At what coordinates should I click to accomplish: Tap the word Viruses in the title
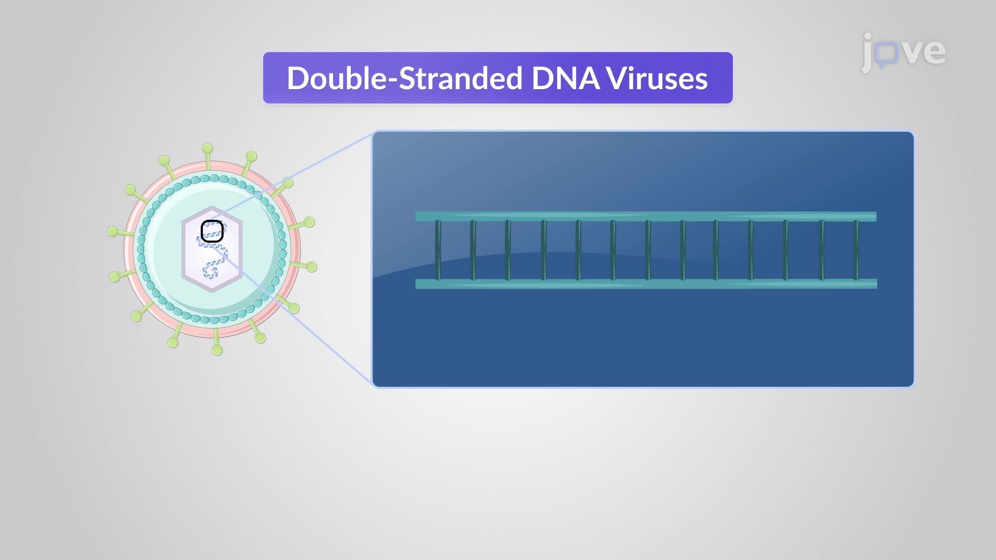click(657, 78)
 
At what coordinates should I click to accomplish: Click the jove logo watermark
click(903, 52)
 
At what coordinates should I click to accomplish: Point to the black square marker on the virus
click(212, 231)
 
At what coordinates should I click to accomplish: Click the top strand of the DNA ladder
click(646, 216)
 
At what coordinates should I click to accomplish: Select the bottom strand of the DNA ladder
click(646, 284)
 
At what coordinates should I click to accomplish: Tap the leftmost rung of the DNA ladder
click(438, 250)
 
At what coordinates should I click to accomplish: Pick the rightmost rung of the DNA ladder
click(856, 250)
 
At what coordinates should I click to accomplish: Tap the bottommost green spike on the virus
click(217, 349)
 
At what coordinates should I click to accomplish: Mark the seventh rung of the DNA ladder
click(647, 250)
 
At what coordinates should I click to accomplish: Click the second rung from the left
click(473, 250)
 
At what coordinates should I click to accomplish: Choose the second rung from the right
click(821, 250)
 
